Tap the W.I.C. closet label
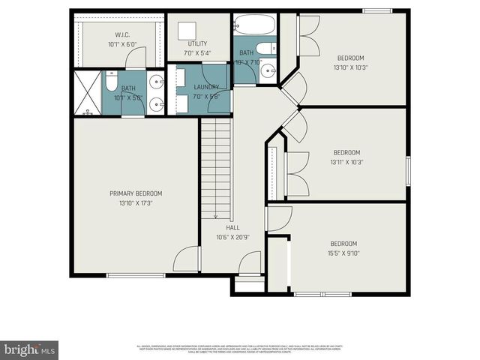(x=122, y=34)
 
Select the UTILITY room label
(x=198, y=44)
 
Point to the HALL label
(x=232, y=227)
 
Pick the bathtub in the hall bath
(x=246, y=25)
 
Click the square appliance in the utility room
(x=186, y=31)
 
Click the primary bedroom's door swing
(x=185, y=259)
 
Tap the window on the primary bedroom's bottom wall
(x=136, y=275)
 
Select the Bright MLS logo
(x=29, y=349)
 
